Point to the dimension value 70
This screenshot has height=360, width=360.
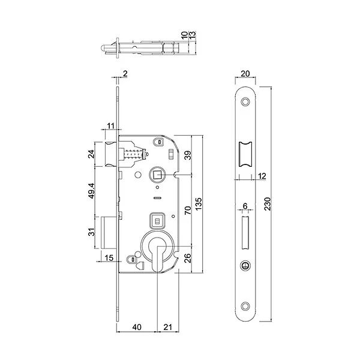pyautogui.click(x=187, y=211)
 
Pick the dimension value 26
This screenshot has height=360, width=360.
pyautogui.click(x=187, y=259)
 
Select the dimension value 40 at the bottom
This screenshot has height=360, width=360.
pyautogui.click(x=137, y=327)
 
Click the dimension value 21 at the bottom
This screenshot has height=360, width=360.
pyautogui.click(x=169, y=327)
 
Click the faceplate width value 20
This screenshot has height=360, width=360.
pyautogui.click(x=244, y=74)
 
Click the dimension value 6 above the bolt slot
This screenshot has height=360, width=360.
pyautogui.click(x=245, y=206)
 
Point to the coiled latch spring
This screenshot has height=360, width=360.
pyautogui.click(x=134, y=155)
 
